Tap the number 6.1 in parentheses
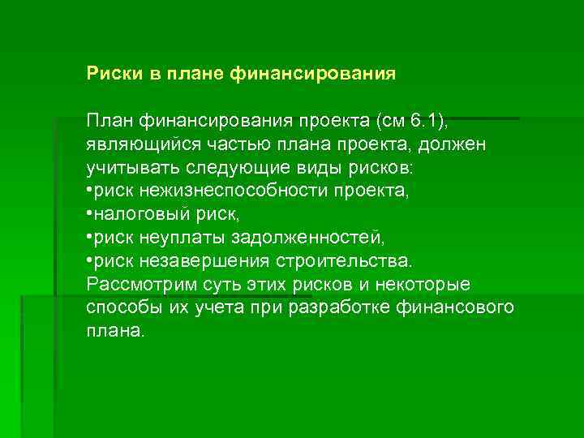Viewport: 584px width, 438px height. tap(424, 121)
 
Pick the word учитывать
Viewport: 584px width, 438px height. tap(131, 168)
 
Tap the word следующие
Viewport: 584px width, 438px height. tap(239, 168)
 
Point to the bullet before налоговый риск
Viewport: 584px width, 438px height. tap(90, 215)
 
